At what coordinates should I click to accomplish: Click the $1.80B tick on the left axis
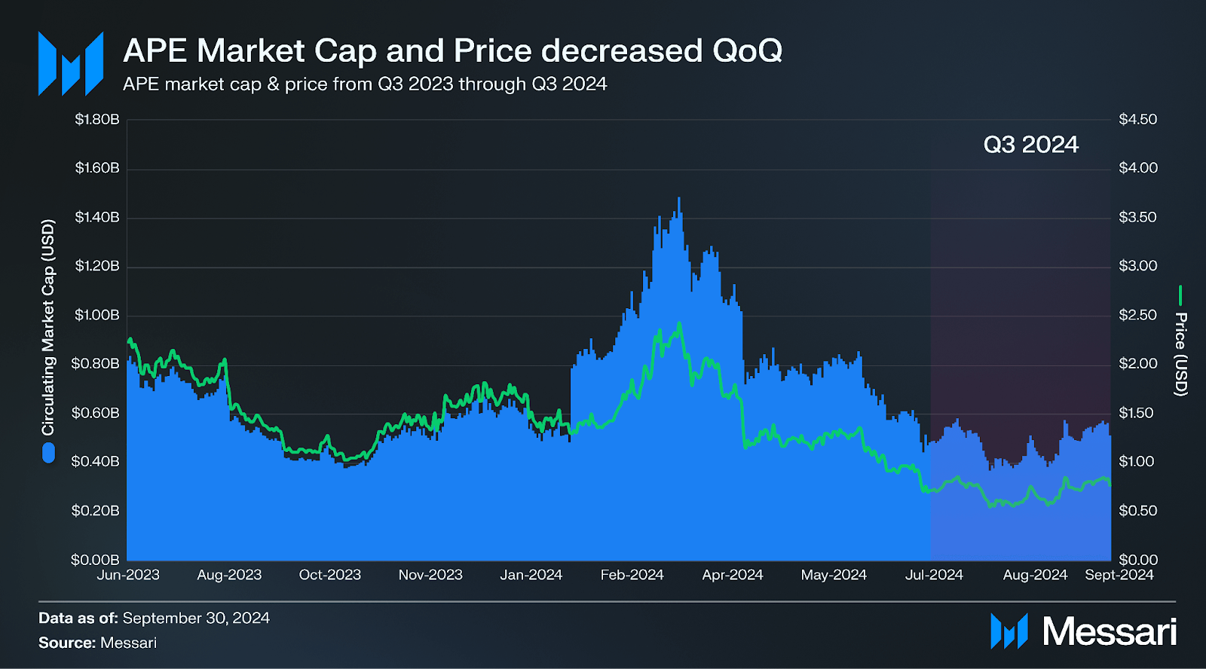click(97, 119)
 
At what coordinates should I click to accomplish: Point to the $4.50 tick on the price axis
click(1137, 119)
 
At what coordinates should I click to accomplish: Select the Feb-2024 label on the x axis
click(632, 575)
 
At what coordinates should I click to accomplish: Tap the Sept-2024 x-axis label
click(1119, 575)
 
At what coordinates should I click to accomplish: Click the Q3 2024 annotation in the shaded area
click(1030, 145)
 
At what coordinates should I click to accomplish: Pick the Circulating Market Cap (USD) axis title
click(48, 327)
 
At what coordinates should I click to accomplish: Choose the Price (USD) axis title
click(1180, 354)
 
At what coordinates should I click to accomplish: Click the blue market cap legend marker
click(49, 453)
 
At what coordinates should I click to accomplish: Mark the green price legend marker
click(1180, 295)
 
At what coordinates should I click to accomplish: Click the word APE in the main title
click(155, 51)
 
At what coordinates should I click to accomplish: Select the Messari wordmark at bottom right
click(1109, 631)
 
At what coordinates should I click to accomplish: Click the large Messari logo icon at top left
click(71, 63)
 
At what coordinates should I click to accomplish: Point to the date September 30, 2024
click(196, 619)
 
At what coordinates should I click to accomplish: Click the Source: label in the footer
click(67, 643)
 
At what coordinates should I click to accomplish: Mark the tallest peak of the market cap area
click(678, 200)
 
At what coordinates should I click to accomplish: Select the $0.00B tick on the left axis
click(95, 560)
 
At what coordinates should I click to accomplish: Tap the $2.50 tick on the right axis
click(1137, 315)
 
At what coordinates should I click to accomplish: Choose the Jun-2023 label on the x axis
click(128, 575)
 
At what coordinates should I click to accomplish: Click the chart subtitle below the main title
click(365, 84)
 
